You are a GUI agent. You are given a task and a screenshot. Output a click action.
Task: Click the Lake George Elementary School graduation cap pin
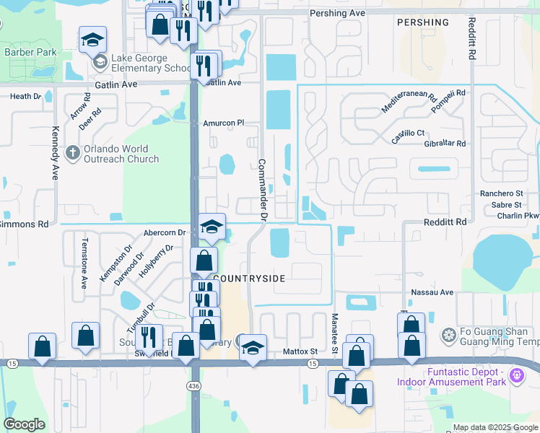tap(93, 42)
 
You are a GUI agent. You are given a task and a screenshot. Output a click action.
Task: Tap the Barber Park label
tap(30, 52)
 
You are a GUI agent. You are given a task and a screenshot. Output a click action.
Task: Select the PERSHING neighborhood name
tap(423, 22)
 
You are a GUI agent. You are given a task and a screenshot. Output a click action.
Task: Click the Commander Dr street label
tap(263, 190)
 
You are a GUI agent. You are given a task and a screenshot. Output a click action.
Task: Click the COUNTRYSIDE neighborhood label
tap(249, 278)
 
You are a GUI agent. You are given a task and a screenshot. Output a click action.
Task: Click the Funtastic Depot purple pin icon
tap(515, 375)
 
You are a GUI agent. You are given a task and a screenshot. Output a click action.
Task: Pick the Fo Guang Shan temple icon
tap(448, 336)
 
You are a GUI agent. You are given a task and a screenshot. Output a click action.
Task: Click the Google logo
tap(24, 424)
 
